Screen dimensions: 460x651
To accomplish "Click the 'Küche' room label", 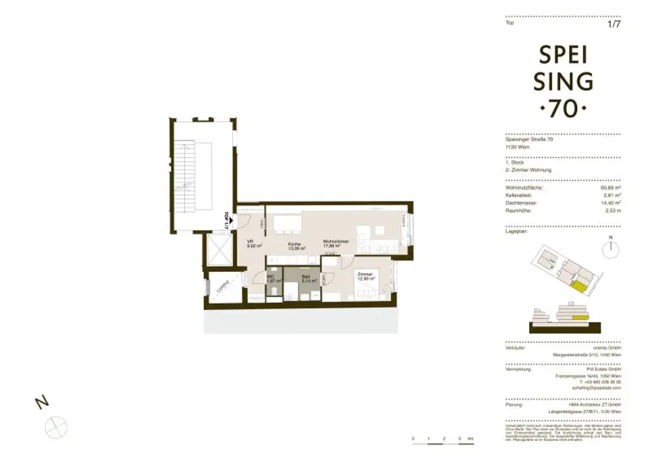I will click(294, 244).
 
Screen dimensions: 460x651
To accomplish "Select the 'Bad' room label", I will click(305, 277).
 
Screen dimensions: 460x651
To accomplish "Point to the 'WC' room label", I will click(270, 277).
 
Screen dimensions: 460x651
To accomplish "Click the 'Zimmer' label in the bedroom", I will click(364, 273).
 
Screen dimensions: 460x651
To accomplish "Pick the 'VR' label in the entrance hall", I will click(250, 241).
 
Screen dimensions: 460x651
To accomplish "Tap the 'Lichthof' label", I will click(222, 288).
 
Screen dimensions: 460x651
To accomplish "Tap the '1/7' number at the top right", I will click(613, 25).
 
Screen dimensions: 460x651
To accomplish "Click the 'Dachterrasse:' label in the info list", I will click(521, 202).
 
